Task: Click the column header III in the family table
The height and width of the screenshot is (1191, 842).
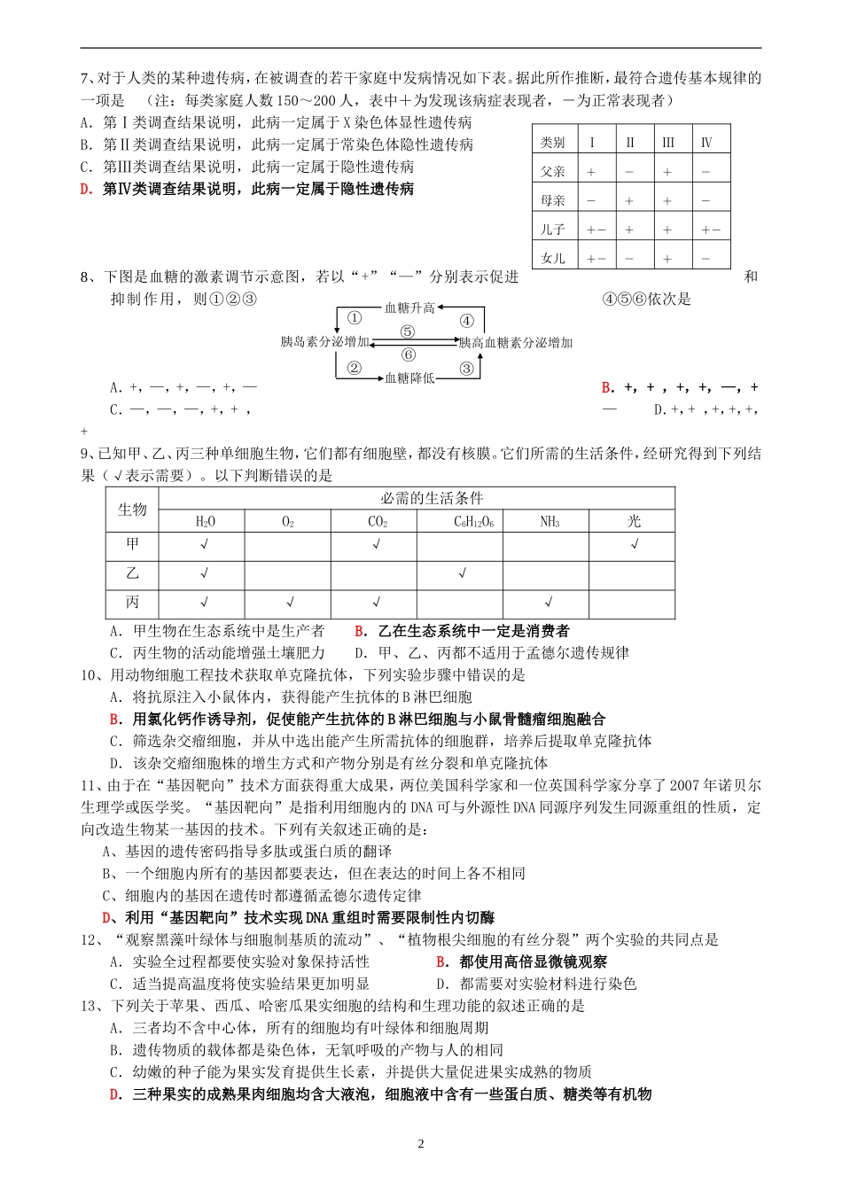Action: pos(668,142)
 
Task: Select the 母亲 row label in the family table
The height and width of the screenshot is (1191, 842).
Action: pos(553,200)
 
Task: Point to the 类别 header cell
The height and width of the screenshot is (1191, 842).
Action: pos(553,142)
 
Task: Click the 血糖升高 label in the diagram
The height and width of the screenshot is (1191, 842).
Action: pos(409,307)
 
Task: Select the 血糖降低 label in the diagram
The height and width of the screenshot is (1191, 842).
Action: pos(409,378)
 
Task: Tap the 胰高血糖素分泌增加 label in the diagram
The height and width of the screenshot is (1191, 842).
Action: pos(516,342)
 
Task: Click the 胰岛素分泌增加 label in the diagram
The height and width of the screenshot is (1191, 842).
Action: pos(324,342)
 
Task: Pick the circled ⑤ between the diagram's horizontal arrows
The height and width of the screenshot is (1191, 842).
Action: pos(408,331)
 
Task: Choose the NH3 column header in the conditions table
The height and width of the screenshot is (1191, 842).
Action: pos(550,522)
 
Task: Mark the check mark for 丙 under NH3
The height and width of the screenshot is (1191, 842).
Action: pos(550,603)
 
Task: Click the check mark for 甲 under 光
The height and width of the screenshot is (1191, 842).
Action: pos(635,544)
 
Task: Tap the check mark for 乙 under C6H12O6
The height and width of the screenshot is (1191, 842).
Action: pos(463,573)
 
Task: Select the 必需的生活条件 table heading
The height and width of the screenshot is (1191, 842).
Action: pos(432,498)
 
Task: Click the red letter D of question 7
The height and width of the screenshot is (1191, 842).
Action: pos(86,189)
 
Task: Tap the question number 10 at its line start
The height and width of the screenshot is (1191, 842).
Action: pos(89,675)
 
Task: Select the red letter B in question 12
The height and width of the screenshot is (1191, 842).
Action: pos(440,961)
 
